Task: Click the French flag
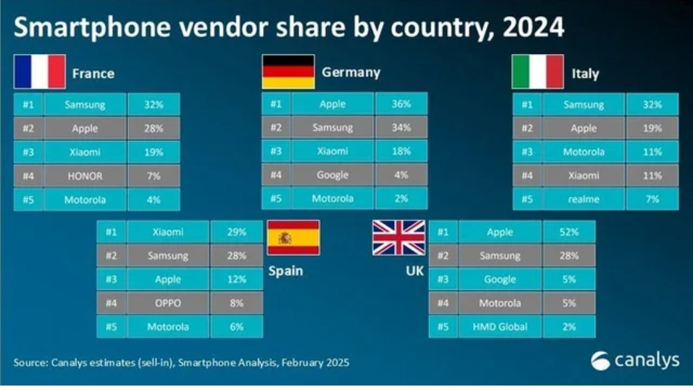(40, 71)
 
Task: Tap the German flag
(288, 71)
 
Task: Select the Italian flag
(537, 71)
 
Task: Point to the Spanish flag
(293, 238)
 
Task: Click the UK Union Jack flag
(399, 238)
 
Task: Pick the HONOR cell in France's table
(85, 176)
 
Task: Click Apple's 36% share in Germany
(401, 104)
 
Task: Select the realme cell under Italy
(583, 199)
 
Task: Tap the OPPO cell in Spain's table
(168, 303)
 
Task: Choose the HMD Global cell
(499, 326)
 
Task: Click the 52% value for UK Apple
(569, 232)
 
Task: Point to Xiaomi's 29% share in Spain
(236, 232)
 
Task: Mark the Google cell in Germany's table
(332, 175)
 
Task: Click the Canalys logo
(635, 360)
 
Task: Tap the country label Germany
(351, 72)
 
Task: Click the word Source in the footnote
(29, 363)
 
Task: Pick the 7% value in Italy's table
(652, 199)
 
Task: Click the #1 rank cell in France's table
(28, 105)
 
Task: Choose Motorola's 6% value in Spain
(236, 326)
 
